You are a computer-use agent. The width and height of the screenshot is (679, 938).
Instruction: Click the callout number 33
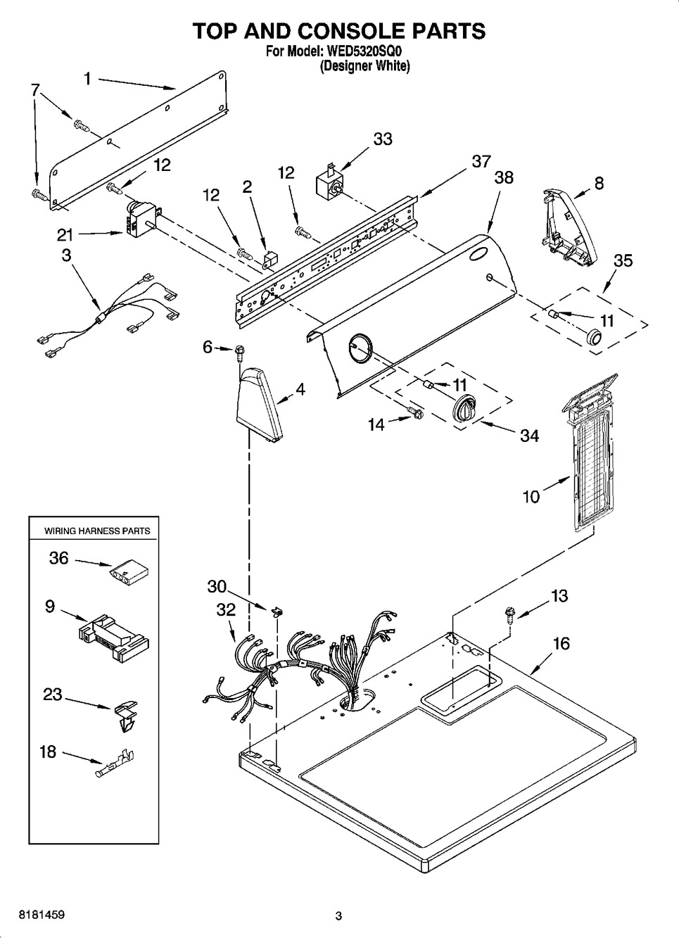pos(383,139)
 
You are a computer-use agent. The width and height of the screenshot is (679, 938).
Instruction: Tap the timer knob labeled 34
pos(464,408)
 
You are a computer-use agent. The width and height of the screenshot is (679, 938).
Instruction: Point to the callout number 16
pos(561,643)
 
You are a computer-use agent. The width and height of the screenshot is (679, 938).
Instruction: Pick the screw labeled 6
pos(240,350)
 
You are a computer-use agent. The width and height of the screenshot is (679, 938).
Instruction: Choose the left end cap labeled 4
pos(258,407)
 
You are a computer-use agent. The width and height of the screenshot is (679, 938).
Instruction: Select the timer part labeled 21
pos(141,220)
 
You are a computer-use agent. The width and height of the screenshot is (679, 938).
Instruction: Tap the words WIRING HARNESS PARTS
pos(97,531)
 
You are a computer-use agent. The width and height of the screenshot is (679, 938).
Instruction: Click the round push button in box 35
pos(594,337)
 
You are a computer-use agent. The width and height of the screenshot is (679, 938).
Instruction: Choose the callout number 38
pos(504,177)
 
